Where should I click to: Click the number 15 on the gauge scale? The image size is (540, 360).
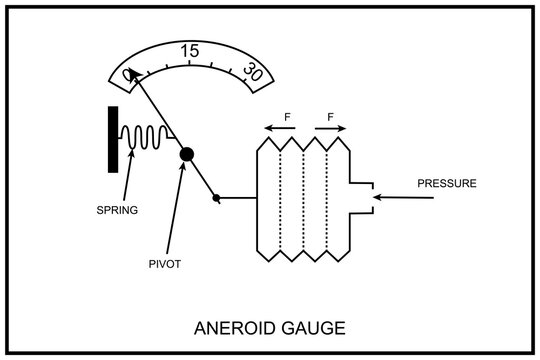189,51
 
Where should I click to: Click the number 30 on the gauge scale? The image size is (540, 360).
253,72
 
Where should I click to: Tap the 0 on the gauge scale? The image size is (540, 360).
128,74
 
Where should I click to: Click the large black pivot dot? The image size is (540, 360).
186,154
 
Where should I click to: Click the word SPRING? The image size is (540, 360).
116,210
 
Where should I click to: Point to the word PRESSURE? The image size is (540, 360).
447,184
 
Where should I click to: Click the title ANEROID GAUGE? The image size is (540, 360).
270,327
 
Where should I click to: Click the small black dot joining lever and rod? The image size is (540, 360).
216,198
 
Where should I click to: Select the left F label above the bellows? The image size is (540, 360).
287,117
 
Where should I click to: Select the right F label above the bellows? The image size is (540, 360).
330,117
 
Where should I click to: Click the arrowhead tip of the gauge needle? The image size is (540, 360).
130,71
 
